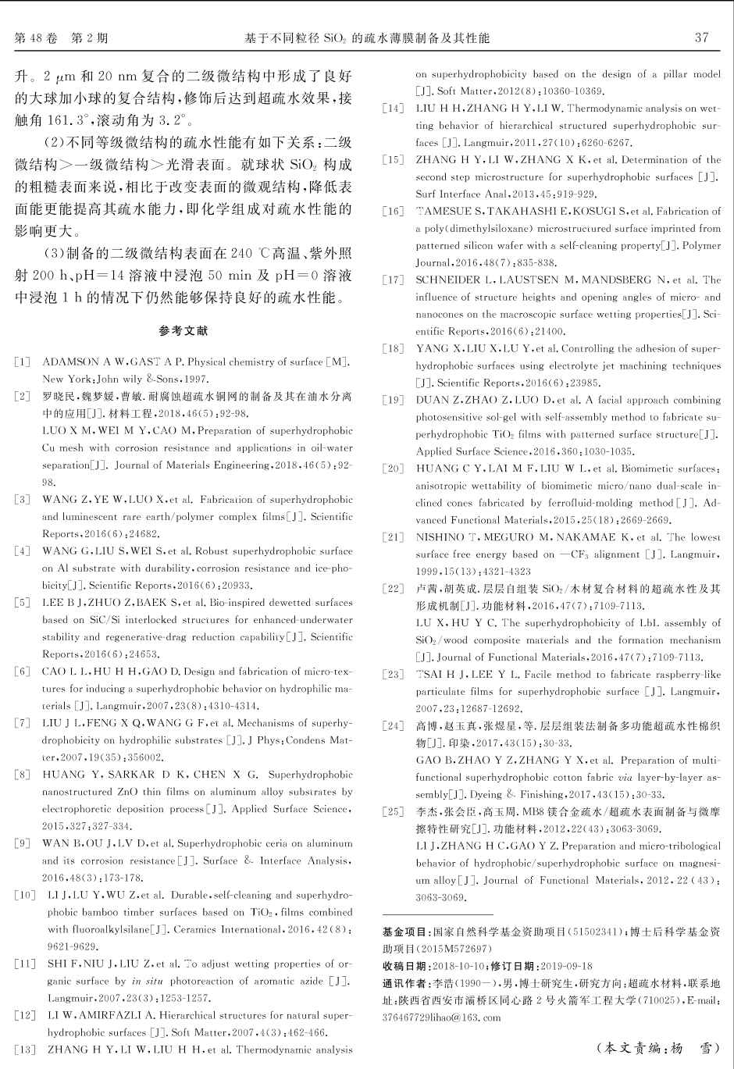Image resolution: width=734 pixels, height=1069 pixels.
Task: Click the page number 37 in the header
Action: click(701, 37)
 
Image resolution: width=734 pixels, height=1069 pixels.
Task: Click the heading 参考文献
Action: click(183, 331)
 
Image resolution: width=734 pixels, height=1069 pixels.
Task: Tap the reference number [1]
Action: click(23, 362)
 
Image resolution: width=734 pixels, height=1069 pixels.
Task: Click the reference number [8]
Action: click(23, 775)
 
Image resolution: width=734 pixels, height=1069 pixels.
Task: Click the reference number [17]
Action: click(393, 280)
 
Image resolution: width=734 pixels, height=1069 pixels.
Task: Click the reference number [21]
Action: click(393, 537)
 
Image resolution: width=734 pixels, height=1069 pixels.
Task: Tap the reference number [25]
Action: click(393, 812)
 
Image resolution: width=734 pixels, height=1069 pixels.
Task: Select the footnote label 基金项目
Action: click(404, 932)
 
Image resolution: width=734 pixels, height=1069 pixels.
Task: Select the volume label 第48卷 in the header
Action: click(36, 37)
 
